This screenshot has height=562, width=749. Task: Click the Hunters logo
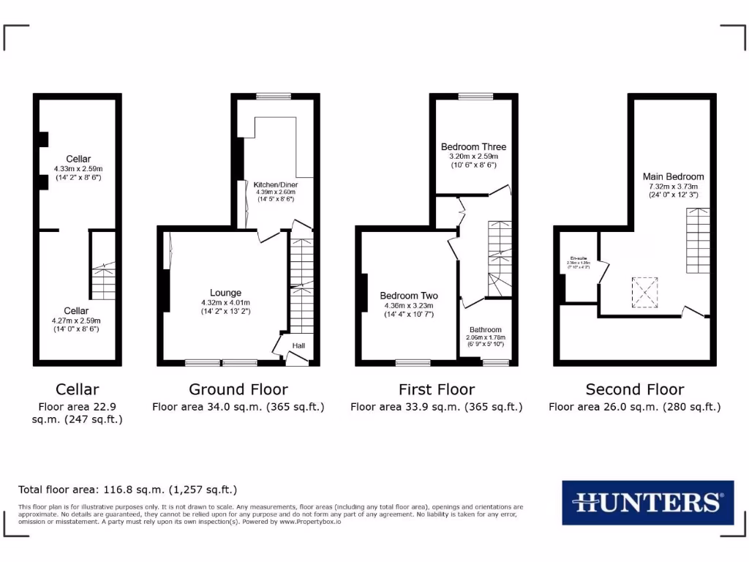point(647,503)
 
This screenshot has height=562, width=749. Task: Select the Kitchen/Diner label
point(276,184)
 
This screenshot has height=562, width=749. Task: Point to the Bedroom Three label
point(473,146)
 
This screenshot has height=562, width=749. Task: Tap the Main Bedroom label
point(673,176)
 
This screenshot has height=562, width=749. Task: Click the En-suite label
point(579,258)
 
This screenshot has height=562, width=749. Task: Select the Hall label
point(299,346)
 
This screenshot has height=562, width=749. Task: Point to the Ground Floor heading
point(238,389)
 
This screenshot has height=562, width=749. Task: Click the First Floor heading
point(436,389)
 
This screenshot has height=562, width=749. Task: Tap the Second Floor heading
point(634,389)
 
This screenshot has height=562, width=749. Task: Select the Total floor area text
point(127,490)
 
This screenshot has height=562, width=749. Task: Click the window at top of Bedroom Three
point(475,96)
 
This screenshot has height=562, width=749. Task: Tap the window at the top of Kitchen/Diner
point(274,96)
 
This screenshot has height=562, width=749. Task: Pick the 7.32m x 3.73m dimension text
point(673,187)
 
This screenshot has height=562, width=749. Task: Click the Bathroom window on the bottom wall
point(496,362)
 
